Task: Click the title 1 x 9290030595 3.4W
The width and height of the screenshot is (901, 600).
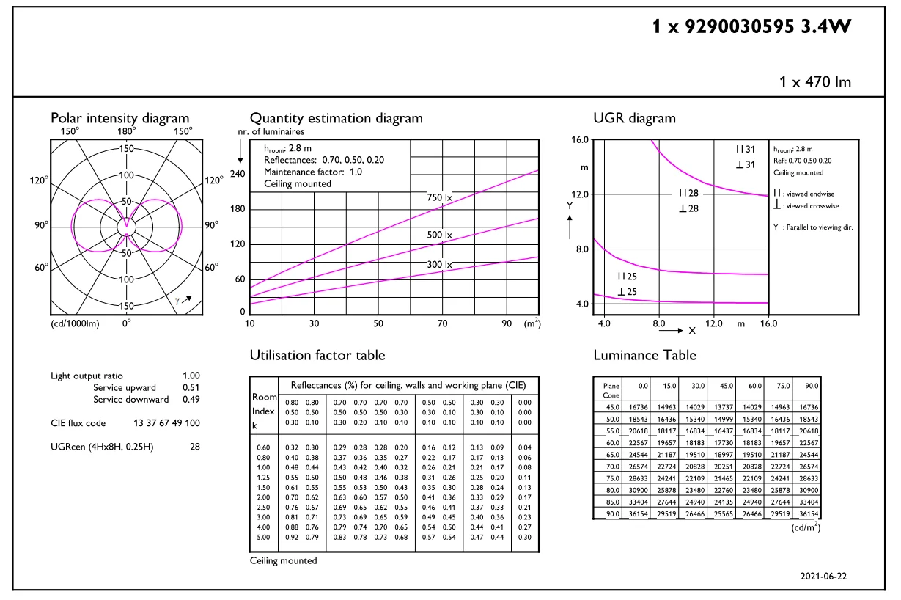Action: pyautogui.click(x=751, y=28)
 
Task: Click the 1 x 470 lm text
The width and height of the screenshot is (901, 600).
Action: pyautogui.click(x=815, y=82)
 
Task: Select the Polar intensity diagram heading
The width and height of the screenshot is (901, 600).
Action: pyautogui.click(x=119, y=118)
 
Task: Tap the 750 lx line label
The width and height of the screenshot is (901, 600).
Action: pyautogui.click(x=440, y=197)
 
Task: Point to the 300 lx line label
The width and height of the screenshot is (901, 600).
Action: pyautogui.click(x=440, y=264)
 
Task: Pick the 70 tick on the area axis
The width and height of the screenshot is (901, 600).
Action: pyautogui.click(x=442, y=323)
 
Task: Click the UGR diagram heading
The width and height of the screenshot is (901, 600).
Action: pyautogui.click(x=634, y=118)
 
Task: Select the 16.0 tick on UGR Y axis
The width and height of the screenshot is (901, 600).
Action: pyautogui.click(x=581, y=139)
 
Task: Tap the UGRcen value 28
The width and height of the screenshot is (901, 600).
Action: pyautogui.click(x=194, y=445)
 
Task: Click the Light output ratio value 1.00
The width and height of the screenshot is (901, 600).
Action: pyautogui.click(x=191, y=376)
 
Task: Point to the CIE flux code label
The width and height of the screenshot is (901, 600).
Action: pyautogui.click(x=78, y=423)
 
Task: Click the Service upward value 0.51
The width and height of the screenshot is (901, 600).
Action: pyautogui.click(x=191, y=388)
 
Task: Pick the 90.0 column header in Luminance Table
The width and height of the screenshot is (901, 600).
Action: pyautogui.click(x=806, y=385)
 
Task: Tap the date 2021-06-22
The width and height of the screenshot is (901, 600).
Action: pyautogui.click(x=823, y=577)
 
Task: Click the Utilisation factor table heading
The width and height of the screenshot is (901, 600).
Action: pyautogui.click(x=317, y=356)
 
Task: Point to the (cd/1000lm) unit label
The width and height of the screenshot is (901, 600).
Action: pyautogui.click(x=75, y=323)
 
